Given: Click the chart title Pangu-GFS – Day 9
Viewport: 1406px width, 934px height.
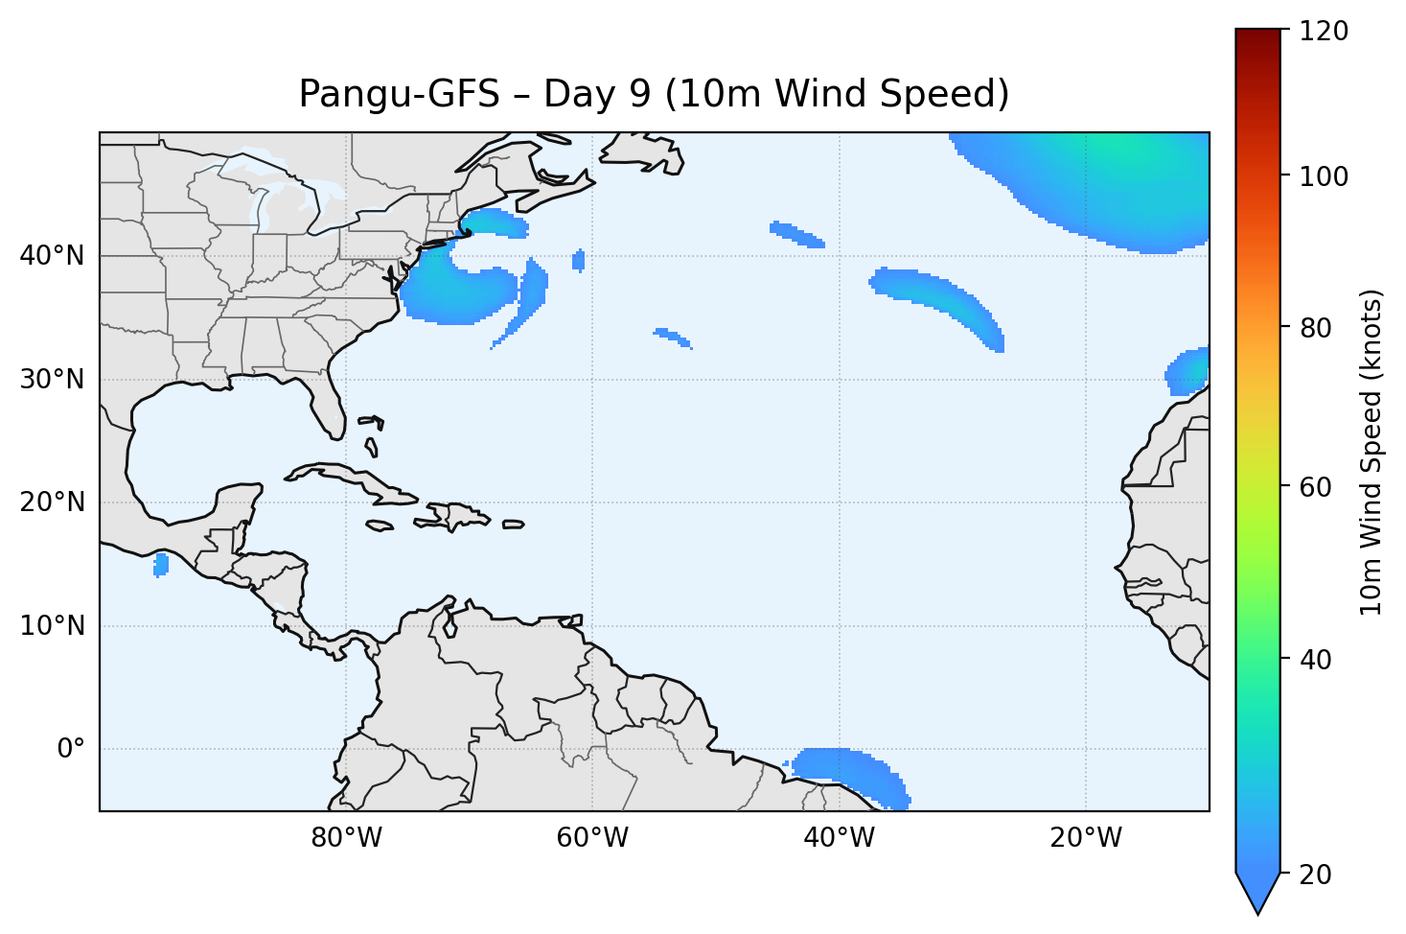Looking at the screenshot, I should coord(654,94).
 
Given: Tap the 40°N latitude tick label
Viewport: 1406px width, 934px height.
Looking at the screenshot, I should coord(52,256).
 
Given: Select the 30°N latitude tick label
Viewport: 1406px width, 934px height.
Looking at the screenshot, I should coord(52,380).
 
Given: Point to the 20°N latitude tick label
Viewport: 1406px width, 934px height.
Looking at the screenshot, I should coord(52,502).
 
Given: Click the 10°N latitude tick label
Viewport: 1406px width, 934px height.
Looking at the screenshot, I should coord(52,626).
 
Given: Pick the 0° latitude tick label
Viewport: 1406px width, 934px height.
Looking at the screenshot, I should coord(71,749).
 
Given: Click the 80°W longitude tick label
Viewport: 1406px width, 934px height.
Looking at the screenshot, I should coord(346,838).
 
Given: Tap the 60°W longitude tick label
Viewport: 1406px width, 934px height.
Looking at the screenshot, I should coord(592,838).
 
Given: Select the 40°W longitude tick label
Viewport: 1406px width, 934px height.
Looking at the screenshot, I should coord(839,838).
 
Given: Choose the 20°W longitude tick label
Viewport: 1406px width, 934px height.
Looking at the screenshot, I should coord(1085,838).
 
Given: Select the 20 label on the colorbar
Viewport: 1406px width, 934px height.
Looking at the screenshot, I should coord(1316,875).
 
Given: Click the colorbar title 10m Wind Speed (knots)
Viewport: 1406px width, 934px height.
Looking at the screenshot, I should coord(1371,452).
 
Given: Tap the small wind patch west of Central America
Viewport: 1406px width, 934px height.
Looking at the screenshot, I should coord(161,565).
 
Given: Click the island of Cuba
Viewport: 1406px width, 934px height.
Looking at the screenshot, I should coord(355,482).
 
